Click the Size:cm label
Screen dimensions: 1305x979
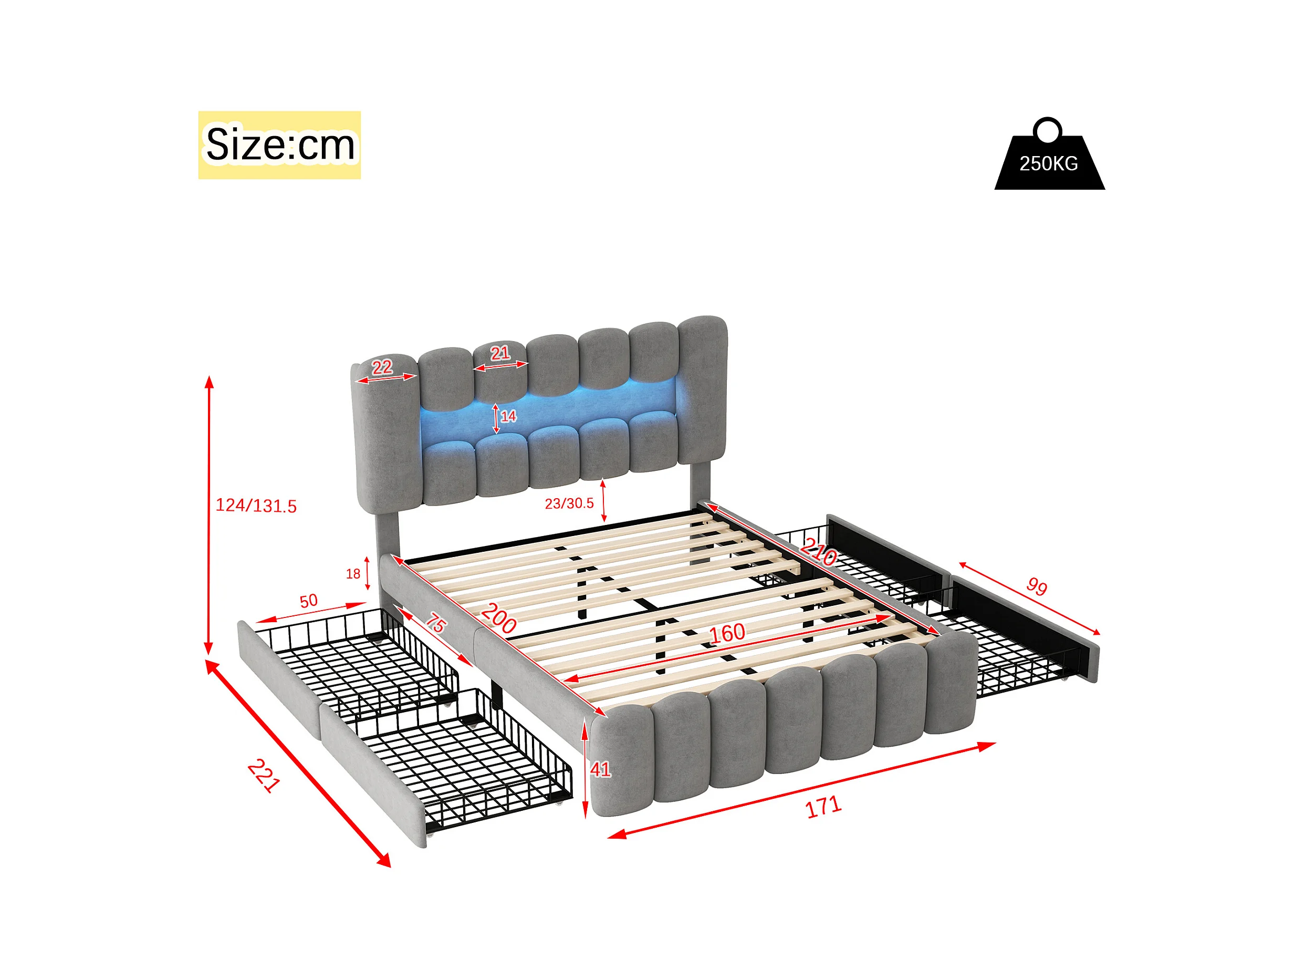coord(279,145)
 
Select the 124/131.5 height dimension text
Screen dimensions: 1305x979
coord(256,506)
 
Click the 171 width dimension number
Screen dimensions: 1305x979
coord(823,807)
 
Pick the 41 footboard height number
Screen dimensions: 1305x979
coord(600,769)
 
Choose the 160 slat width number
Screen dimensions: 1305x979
coord(727,634)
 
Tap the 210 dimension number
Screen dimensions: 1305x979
coord(819,553)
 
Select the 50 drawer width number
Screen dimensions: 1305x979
coord(309,601)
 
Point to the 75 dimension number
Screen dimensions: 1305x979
coord(436,623)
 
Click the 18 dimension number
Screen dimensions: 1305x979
coord(353,574)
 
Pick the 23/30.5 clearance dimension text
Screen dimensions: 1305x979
coord(569,503)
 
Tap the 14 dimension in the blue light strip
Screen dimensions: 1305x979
coord(508,417)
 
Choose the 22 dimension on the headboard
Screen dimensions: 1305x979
coord(382,367)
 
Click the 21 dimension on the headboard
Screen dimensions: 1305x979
coord(500,353)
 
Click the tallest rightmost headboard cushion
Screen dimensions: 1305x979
coord(702,390)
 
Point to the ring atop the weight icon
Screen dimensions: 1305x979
coord(1048,129)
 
